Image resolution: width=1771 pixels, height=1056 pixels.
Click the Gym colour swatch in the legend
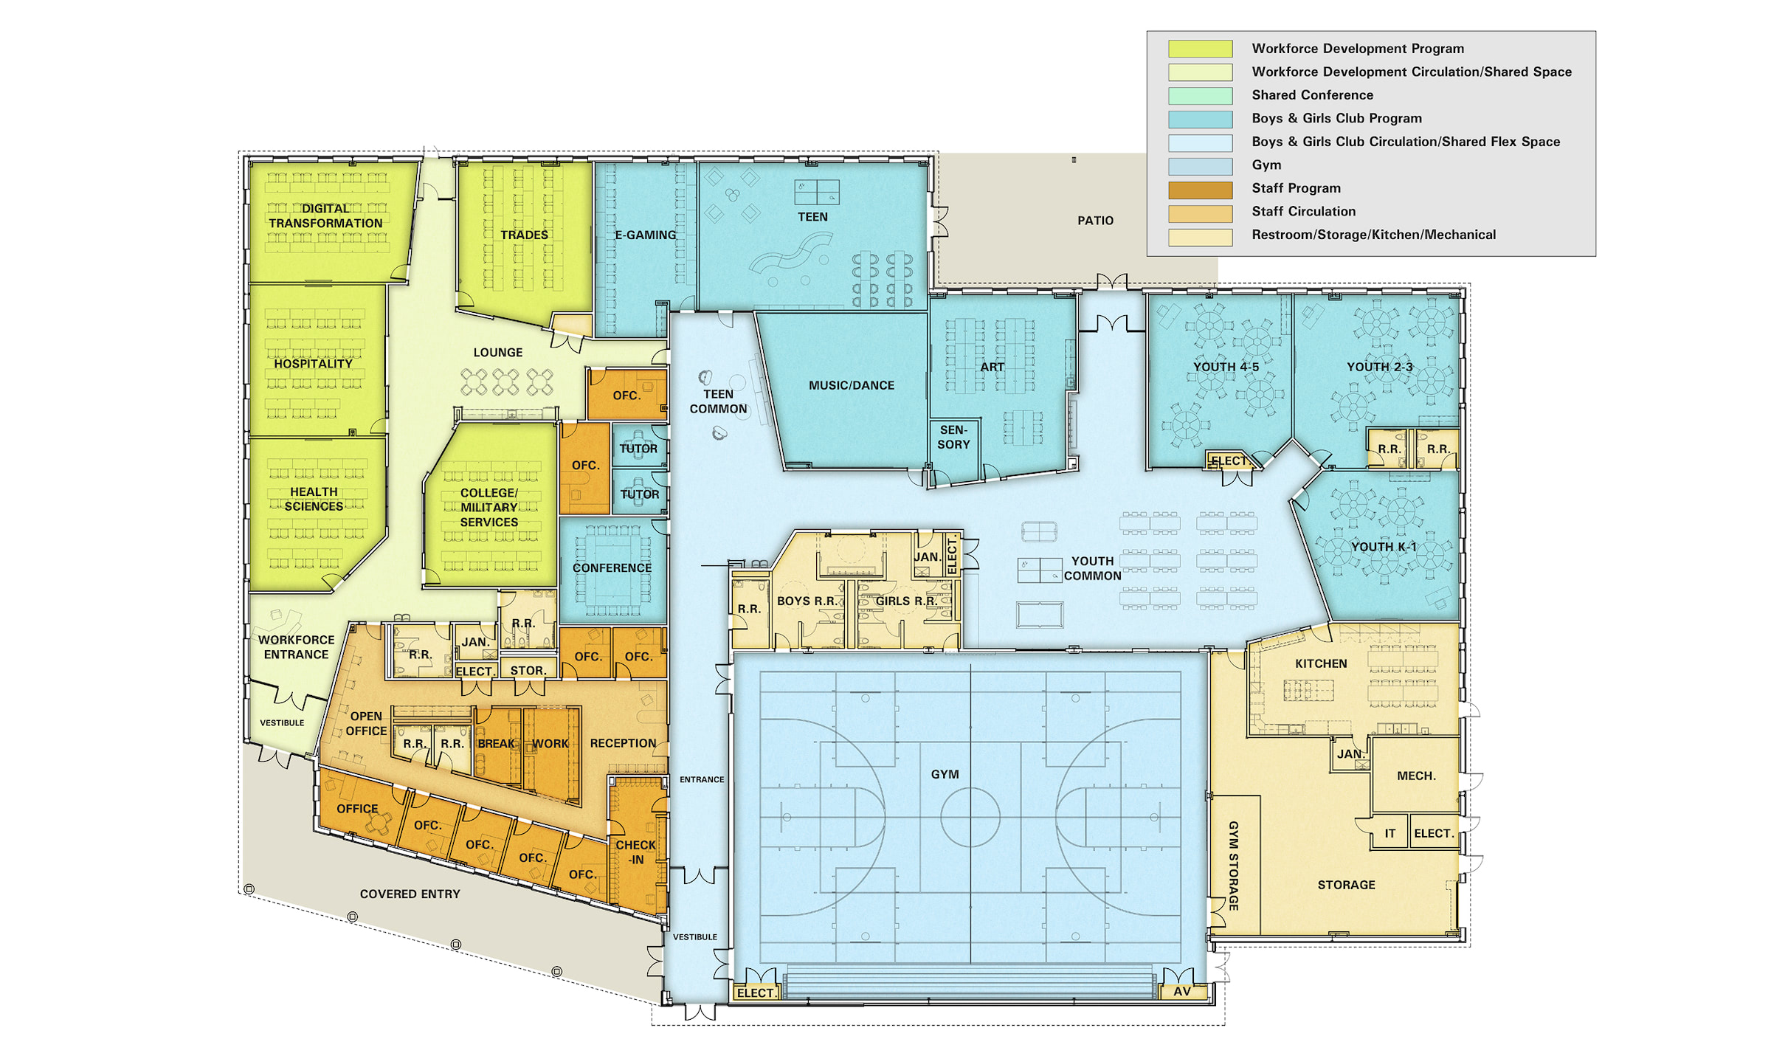[x=1200, y=165]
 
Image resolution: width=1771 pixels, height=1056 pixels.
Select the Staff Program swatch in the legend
[x=1200, y=189]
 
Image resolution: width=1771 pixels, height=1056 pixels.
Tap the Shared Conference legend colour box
[x=1200, y=95]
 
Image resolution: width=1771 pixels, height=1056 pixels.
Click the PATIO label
[x=1095, y=221]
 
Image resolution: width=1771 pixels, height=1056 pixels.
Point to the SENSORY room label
[x=953, y=437]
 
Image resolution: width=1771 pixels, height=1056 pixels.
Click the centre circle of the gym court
[x=970, y=817]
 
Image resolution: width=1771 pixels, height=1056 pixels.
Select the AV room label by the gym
[x=1182, y=991]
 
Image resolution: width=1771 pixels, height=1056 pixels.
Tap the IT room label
[x=1389, y=833]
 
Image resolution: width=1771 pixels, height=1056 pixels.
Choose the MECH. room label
[x=1416, y=776]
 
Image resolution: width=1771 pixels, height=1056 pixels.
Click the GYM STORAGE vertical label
[x=1233, y=865]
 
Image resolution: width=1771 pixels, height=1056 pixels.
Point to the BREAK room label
[x=496, y=743]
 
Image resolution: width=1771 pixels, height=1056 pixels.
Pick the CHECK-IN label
[x=635, y=852]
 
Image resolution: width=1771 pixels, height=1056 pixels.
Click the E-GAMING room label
[x=645, y=235]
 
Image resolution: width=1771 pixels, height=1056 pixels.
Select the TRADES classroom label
[x=524, y=235]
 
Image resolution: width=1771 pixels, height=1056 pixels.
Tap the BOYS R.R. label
[x=807, y=601]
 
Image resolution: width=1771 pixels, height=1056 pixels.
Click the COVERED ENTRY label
[x=410, y=894]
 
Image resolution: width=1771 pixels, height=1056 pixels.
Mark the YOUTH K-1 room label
[x=1384, y=547]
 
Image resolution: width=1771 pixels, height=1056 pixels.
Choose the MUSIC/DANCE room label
[x=851, y=385]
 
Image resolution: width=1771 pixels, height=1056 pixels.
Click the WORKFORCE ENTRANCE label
[x=296, y=647]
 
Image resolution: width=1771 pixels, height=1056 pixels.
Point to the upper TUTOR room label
[x=638, y=448]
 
